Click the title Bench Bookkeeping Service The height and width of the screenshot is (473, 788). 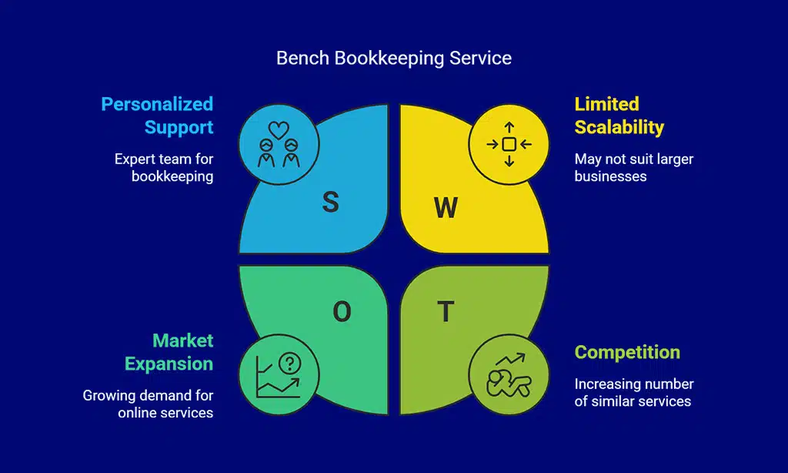393,58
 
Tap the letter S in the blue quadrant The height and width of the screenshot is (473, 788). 330,202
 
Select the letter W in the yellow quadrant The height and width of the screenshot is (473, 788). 446,206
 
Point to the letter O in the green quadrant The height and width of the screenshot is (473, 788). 342,311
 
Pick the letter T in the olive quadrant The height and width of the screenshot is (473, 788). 446,311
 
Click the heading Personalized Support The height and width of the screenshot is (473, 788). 157,115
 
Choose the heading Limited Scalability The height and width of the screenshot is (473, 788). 619,115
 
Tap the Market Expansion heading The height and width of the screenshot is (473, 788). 169,351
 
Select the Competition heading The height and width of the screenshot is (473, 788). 627,352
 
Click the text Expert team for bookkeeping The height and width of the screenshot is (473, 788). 164,167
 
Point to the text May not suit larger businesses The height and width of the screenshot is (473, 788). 633,167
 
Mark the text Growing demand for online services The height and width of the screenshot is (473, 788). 148,404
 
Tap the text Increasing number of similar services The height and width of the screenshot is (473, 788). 634,392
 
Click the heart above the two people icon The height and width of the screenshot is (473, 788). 279,128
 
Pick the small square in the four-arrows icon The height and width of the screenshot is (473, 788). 509,144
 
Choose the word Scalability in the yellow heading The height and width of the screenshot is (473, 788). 619,126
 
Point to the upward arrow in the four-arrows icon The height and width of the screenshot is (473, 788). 509,126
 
